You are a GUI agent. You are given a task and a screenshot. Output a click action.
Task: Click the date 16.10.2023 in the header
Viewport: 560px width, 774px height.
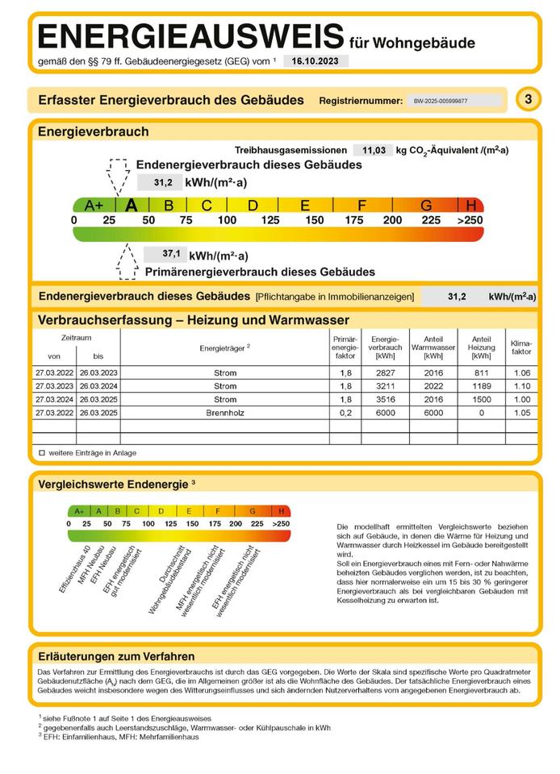point(316,61)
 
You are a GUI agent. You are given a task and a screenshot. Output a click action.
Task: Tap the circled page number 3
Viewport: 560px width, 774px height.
point(528,100)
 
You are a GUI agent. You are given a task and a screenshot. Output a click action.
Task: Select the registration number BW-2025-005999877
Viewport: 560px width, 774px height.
point(441,102)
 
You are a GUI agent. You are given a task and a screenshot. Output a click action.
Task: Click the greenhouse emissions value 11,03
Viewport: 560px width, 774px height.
point(373,150)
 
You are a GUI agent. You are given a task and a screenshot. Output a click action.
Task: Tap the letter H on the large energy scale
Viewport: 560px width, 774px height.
point(470,205)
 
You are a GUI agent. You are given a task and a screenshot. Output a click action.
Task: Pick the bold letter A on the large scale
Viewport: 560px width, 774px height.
point(132,205)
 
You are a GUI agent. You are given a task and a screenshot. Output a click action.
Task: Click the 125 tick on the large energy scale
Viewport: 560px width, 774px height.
point(270,220)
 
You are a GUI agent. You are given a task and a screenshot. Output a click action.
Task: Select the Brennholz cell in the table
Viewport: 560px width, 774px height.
point(224,413)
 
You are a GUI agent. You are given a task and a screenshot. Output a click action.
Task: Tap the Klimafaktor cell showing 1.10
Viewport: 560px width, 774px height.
point(521,386)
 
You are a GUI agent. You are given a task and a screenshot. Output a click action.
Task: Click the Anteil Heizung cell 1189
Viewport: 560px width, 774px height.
point(481,386)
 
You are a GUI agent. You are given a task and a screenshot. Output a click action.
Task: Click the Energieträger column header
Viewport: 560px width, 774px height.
point(224,347)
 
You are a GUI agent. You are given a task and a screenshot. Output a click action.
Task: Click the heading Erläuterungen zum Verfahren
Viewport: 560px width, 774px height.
point(116,656)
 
